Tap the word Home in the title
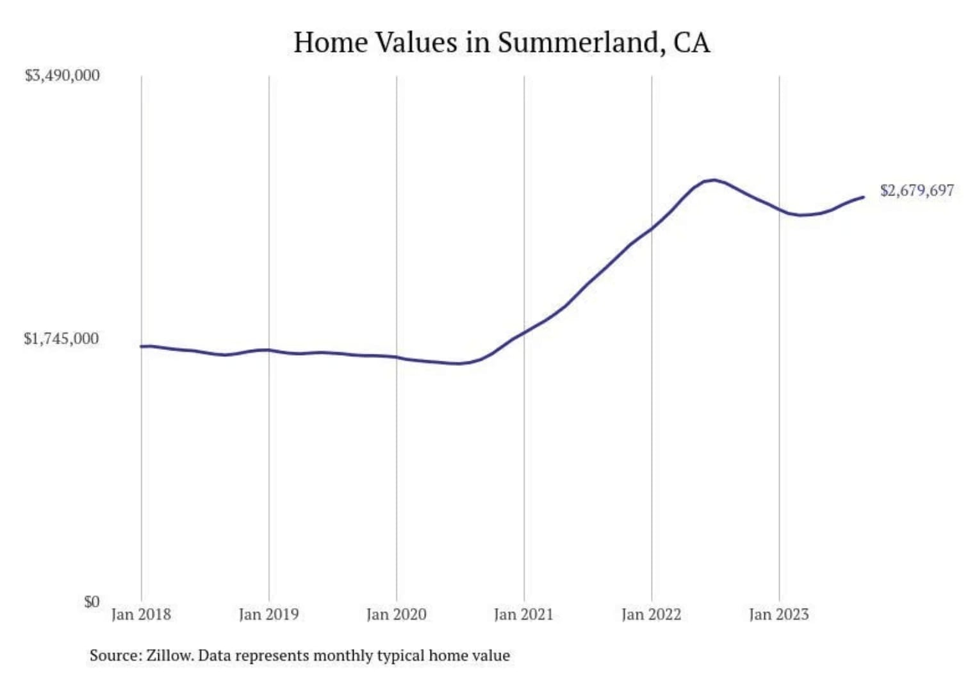(x=330, y=43)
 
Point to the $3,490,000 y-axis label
(x=62, y=76)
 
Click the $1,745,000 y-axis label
(x=62, y=338)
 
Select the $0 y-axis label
(x=92, y=602)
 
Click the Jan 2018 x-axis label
(x=141, y=615)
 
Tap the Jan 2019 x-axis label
(x=268, y=615)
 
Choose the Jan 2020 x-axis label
(x=396, y=615)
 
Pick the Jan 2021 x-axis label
(x=523, y=615)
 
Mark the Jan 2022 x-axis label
(x=651, y=615)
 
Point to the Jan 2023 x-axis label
(x=778, y=615)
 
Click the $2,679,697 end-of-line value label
(x=917, y=190)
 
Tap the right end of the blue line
(x=864, y=197)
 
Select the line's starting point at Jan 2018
(x=142, y=346)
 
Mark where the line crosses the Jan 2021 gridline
(x=524, y=332)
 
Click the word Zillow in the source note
(x=169, y=656)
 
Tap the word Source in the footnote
(x=115, y=656)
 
